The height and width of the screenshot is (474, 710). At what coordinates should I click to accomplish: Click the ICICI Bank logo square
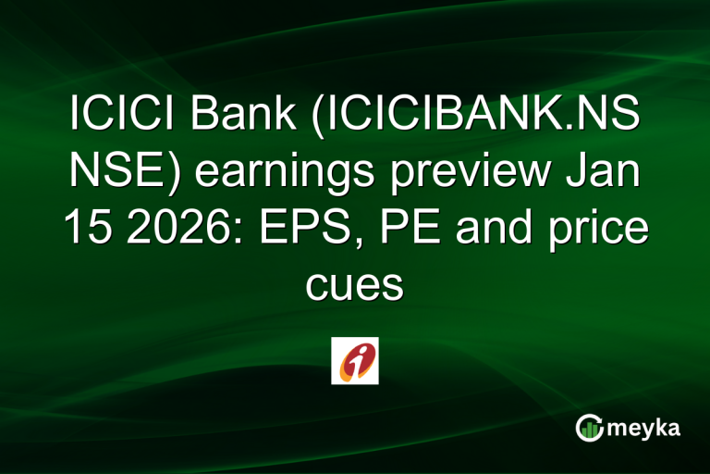tap(355, 360)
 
